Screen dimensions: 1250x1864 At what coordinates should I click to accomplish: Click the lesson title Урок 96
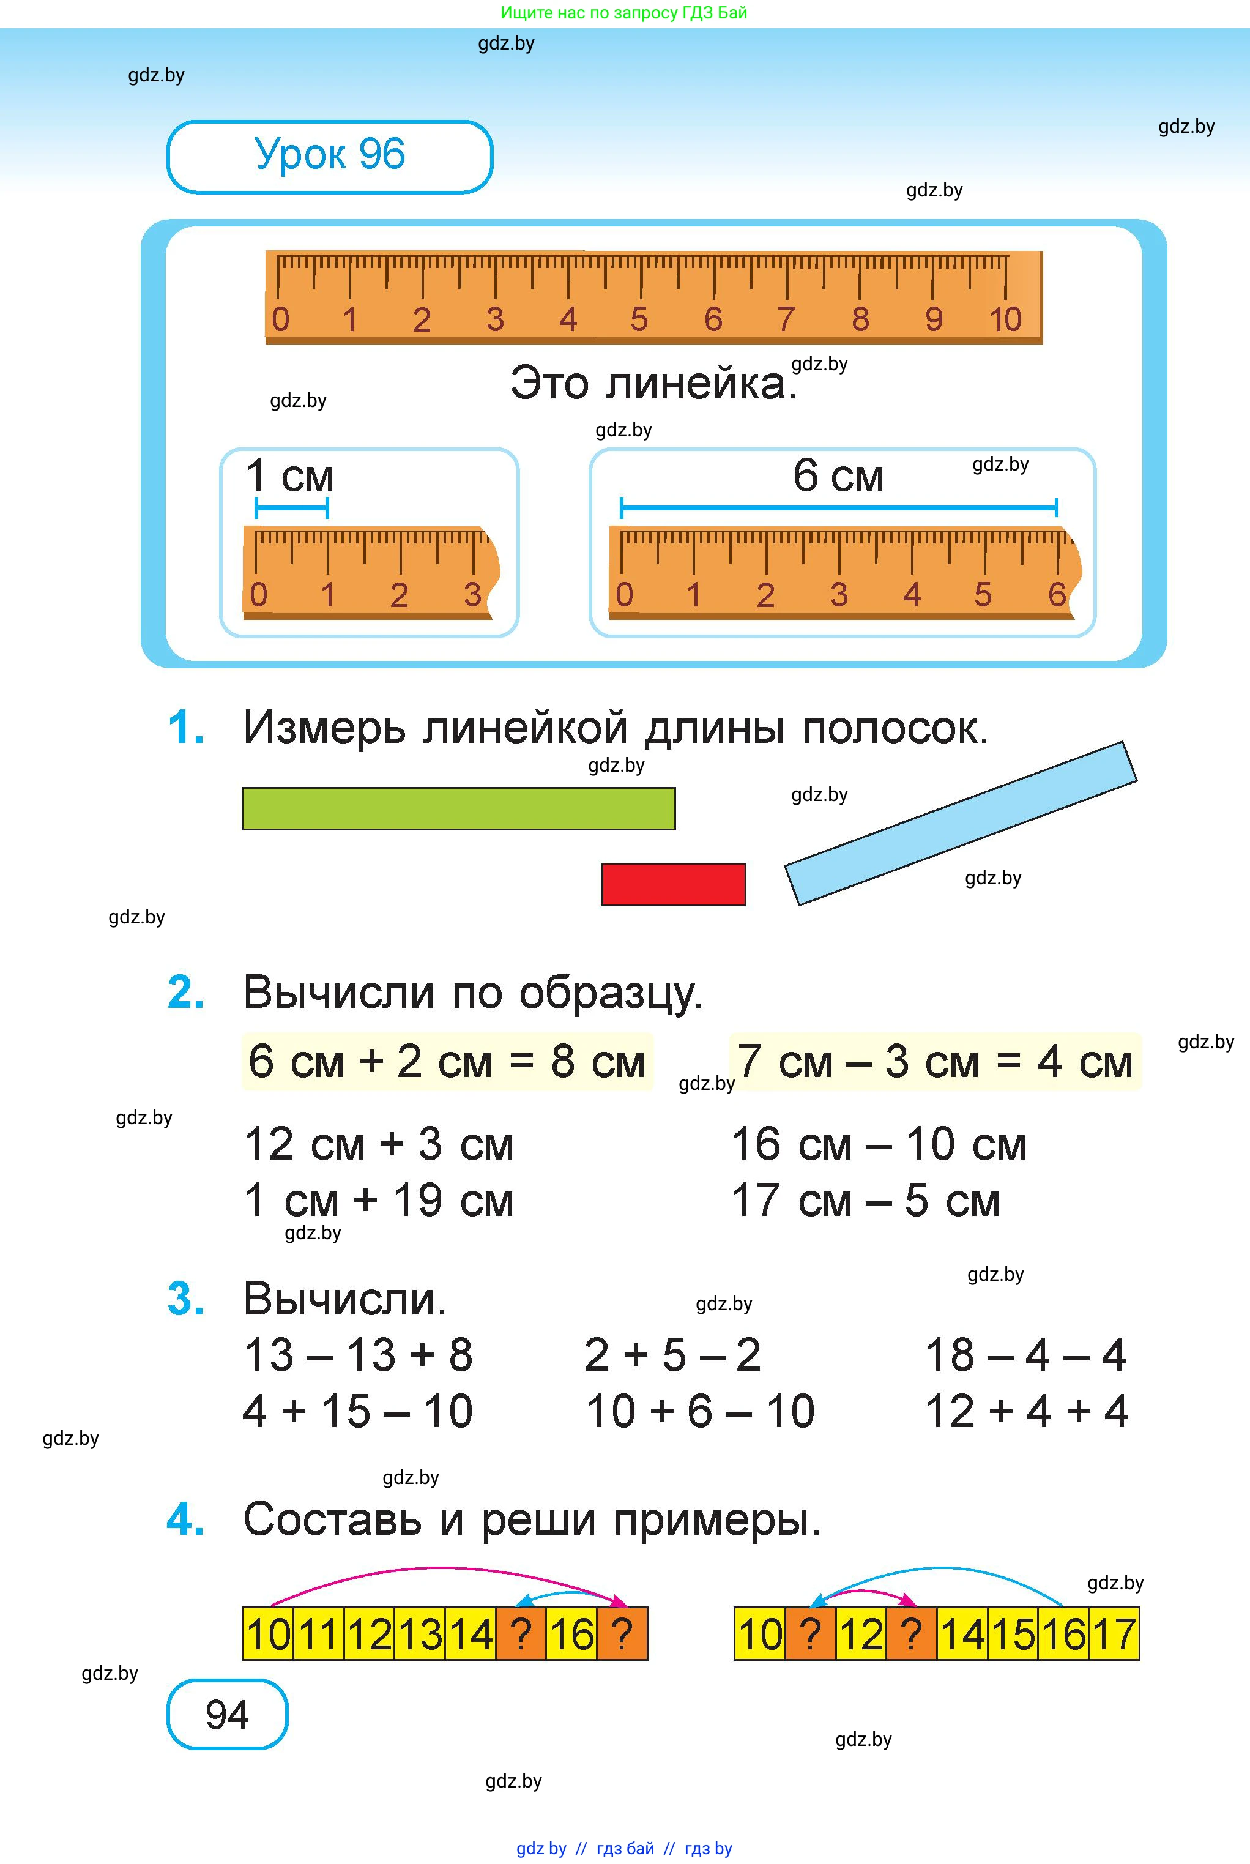coord(329,155)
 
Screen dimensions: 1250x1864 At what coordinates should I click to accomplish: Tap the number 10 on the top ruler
coord(1005,319)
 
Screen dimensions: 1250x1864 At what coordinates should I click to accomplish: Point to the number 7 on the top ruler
coord(786,319)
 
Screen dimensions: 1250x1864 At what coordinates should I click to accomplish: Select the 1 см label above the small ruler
coord(289,476)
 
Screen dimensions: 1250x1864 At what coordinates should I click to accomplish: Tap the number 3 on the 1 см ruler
coord(473,595)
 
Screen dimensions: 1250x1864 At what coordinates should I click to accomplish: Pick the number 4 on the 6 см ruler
coord(912,595)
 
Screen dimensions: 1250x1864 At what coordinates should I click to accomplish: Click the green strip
coord(458,808)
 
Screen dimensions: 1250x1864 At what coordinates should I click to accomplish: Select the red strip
coord(674,884)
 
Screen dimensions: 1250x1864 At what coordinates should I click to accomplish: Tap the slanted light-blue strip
coord(961,824)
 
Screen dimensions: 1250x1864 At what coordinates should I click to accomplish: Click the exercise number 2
coord(186,993)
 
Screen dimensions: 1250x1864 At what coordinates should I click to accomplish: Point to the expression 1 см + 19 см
coord(379,1201)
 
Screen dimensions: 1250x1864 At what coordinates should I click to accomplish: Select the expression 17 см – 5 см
coord(866,1201)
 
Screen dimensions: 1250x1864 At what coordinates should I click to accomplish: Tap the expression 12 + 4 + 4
coord(1027,1411)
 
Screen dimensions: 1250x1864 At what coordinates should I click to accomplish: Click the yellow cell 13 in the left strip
coord(420,1633)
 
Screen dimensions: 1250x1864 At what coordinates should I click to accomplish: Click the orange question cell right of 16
coord(622,1633)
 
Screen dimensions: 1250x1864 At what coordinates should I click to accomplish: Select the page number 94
coord(227,1713)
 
